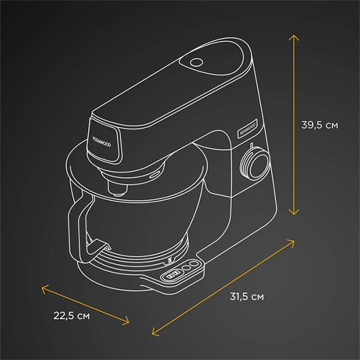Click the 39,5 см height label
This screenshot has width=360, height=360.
[319, 125]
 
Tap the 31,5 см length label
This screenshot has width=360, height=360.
[246, 296]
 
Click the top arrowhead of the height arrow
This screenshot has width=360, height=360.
[293, 37]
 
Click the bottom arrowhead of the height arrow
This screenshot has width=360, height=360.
[293, 212]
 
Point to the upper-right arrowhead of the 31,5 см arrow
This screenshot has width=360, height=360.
[293, 242]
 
